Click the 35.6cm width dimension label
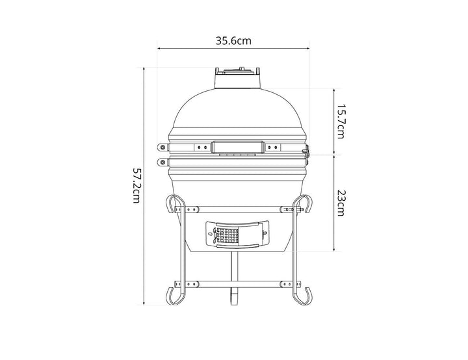233,40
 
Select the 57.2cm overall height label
136,185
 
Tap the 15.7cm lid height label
341,122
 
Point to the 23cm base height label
341,202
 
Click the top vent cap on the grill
237,77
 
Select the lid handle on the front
238,147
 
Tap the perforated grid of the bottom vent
227,235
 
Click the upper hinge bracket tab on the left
163,147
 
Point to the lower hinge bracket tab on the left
163,162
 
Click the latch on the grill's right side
306,151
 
